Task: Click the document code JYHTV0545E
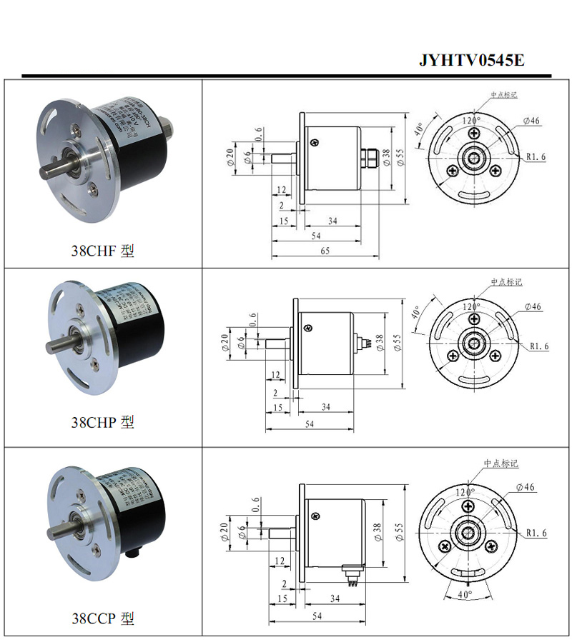(471, 60)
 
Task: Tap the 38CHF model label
(102, 251)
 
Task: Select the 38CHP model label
(102, 422)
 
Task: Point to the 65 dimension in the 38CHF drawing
(324, 251)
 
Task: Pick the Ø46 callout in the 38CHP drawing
(533, 306)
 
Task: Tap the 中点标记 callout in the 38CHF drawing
(503, 94)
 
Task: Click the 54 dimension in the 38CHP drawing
(310, 424)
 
